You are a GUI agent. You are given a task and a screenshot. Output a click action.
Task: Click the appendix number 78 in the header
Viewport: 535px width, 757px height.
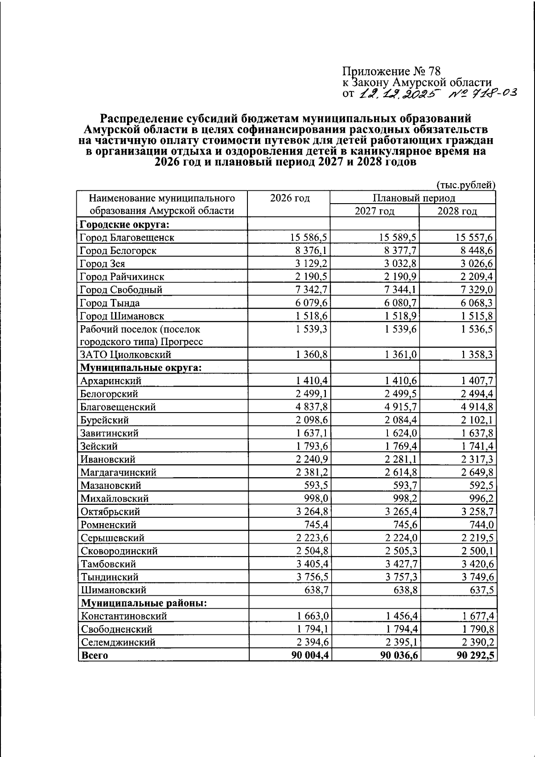(x=434, y=71)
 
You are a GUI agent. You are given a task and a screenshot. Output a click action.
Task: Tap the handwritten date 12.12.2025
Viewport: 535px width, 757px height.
(x=399, y=94)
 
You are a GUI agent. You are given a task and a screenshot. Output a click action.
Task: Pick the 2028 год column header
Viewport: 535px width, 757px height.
(x=457, y=211)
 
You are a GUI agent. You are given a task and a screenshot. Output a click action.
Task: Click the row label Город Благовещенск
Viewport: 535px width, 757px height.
(x=127, y=237)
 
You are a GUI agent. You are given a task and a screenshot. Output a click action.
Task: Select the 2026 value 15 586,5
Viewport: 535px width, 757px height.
(x=309, y=237)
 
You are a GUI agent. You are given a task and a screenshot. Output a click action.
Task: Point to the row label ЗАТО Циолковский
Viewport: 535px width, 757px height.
(x=126, y=355)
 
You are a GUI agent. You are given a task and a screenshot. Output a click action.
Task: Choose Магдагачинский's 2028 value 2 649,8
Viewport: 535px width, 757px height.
(x=477, y=472)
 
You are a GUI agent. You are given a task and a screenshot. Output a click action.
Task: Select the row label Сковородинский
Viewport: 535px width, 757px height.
(x=119, y=551)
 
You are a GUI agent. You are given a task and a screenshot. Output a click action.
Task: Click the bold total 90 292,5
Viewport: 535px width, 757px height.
(x=476, y=655)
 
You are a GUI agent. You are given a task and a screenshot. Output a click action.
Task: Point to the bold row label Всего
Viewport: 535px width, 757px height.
(x=94, y=655)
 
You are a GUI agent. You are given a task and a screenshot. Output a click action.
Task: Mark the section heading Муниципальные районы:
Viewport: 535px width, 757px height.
(x=144, y=603)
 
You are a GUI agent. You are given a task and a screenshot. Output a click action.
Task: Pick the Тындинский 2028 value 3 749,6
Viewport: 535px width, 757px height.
(x=477, y=577)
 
